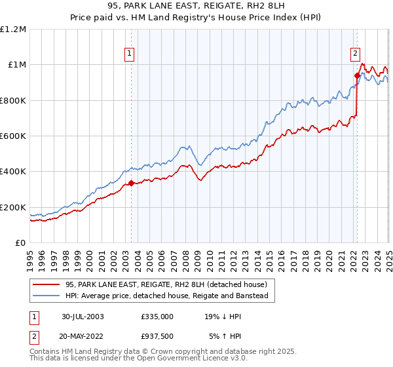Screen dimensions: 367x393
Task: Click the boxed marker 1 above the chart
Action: pyautogui.click(x=130, y=54)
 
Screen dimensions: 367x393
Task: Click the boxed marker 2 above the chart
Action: pyautogui.click(x=354, y=54)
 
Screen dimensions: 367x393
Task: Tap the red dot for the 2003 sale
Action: pyautogui.click(x=131, y=183)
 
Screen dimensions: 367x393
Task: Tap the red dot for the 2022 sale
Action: pyautogui.click(x=357, y=75)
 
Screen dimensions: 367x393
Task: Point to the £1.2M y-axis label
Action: pyautogui.click(x=13, y=29)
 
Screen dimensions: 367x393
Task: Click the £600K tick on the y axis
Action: pyautogui.click(x=14, y=136)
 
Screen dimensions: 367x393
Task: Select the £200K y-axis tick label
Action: pyautogui.click(x=14, y=208)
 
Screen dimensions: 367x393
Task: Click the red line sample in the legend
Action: pyautogui.click(x=47, y=285)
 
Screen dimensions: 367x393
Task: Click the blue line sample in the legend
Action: pyautogui.click(x=47, y=296)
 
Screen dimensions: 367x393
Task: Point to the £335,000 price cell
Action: pyautogui.click(x=157, y=316)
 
